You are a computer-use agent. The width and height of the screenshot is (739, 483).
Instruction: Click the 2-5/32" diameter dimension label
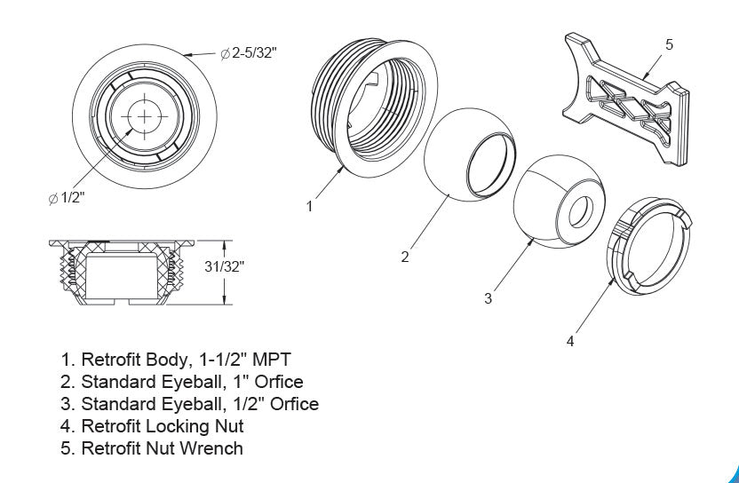(x=249, y=54)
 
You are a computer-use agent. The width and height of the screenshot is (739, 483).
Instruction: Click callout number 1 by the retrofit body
(x=309, y=207)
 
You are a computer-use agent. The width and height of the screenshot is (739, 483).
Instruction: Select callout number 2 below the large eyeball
(x=405, y=257)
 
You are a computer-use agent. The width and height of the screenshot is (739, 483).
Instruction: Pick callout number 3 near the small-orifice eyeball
(x=488, y=298)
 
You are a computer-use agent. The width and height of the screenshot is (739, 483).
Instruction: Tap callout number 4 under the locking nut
(x=570, y=341)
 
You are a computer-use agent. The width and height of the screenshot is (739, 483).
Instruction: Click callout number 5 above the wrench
(x=669, y=44)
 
